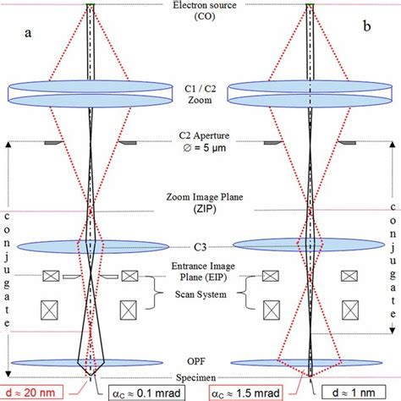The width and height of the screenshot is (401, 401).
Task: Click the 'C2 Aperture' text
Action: [x=200, y=135]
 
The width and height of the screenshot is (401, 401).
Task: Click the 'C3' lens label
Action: [x=200, y=245]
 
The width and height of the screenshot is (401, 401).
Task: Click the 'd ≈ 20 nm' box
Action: [x=35, y=393]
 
